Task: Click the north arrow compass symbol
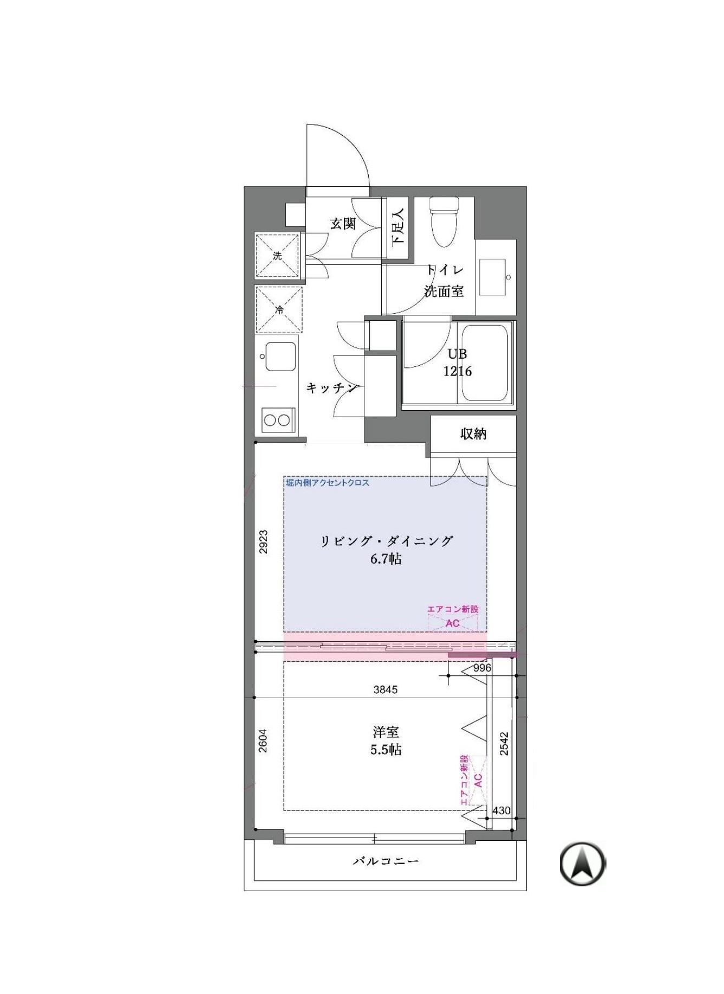click(583, 864)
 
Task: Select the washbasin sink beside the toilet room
click(493, 278)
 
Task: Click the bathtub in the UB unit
click(485, 363)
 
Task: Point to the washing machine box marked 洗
click(277, 255)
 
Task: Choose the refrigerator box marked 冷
click(279, 310)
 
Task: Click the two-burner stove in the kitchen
click(277, 420)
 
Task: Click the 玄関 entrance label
click(343, 223)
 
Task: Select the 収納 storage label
click(473, 433)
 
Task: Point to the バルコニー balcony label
click(386, 861)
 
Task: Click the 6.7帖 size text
click(386, 559)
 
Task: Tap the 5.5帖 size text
click(386, 750)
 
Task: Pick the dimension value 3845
click(386, 689)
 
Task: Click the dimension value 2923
click(263, 542)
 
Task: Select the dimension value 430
click(502, 811)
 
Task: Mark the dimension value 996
click(482, 668)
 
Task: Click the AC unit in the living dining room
click(453, 623)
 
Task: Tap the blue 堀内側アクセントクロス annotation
click(328, 482)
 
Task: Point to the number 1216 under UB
click(458, 371)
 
